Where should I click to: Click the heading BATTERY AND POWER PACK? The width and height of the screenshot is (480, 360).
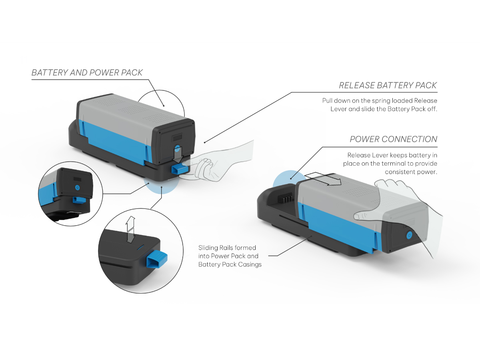coord(87,73)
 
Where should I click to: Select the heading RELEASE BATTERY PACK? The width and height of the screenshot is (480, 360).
coord(388,86)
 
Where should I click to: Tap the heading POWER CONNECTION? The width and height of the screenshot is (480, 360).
coord(393,139)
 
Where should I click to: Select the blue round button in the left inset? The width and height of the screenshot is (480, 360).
coord(77,187)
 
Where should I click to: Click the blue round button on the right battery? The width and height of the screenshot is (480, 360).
coord(408,235)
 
